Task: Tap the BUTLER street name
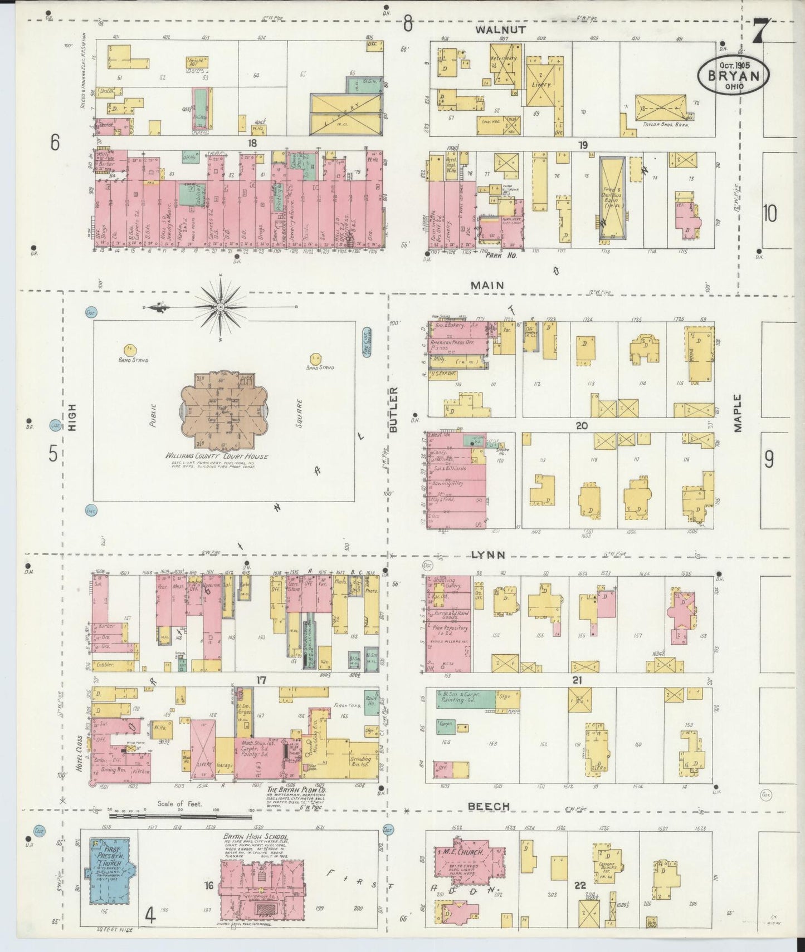(x=394, y=410)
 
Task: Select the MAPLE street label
(x=738, y=413)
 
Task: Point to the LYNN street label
(x=488, y=555)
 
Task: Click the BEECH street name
(x=488, y=806)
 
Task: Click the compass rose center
(x=221, y=307)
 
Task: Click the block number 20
(x=582, y=426)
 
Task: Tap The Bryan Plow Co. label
(x=296, y=791)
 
